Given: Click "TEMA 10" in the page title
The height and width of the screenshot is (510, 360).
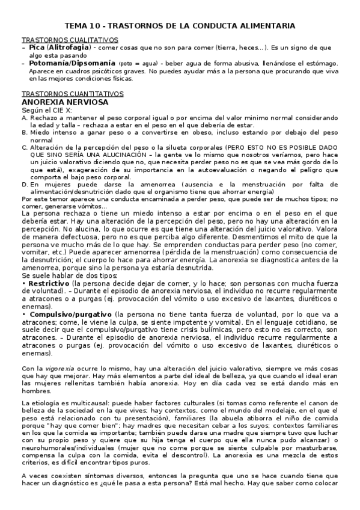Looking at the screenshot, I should [82, 26].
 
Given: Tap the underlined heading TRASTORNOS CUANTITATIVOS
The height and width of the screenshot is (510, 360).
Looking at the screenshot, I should [72, 94].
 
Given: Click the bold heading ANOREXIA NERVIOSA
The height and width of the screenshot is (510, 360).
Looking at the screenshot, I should [64, 103].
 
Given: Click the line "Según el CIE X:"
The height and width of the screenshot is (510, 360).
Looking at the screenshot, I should [47, 111].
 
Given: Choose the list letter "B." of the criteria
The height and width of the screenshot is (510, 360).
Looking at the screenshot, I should [23, 132].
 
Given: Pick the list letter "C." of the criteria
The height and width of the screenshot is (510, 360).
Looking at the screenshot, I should [23, 147].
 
